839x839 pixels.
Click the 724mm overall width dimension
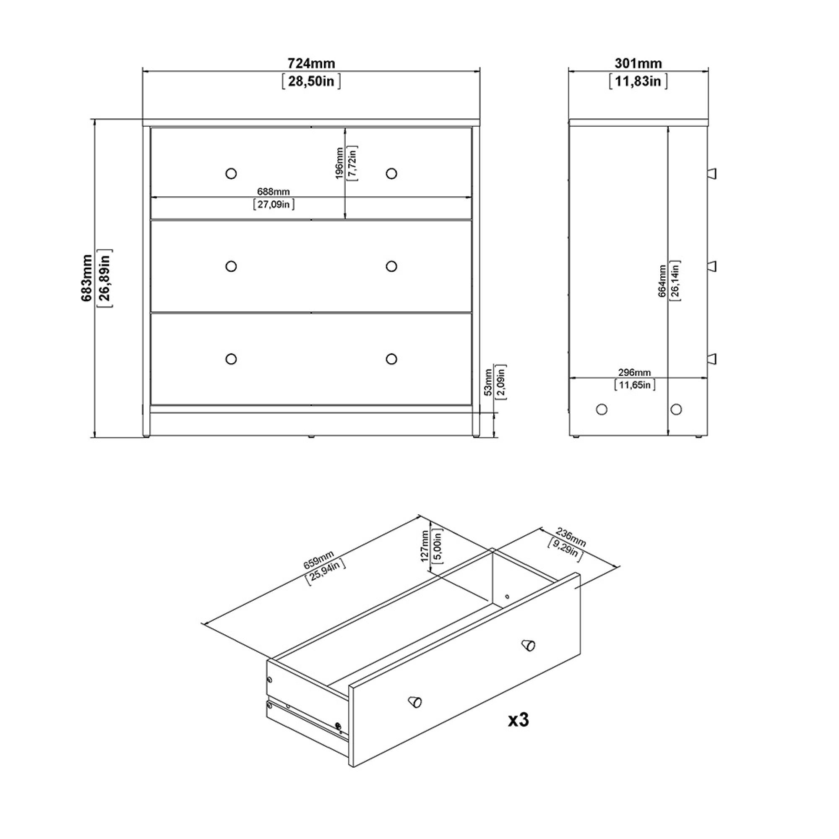point(311,63)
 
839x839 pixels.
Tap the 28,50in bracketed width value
point(311,81)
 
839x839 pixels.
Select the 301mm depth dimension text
point(638,63)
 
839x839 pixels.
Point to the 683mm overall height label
point(87,279)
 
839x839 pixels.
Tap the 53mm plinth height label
point(488,382)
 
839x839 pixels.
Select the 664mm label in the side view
point(662,281)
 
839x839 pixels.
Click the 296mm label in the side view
point(634,373)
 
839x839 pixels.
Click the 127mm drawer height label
point(425,546)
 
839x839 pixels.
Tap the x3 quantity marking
point(519,720)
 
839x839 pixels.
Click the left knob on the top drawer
point(232,174)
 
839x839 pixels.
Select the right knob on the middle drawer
point(391,266)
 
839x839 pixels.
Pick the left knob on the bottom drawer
point(232,359)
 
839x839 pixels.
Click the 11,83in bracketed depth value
point(638,81)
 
